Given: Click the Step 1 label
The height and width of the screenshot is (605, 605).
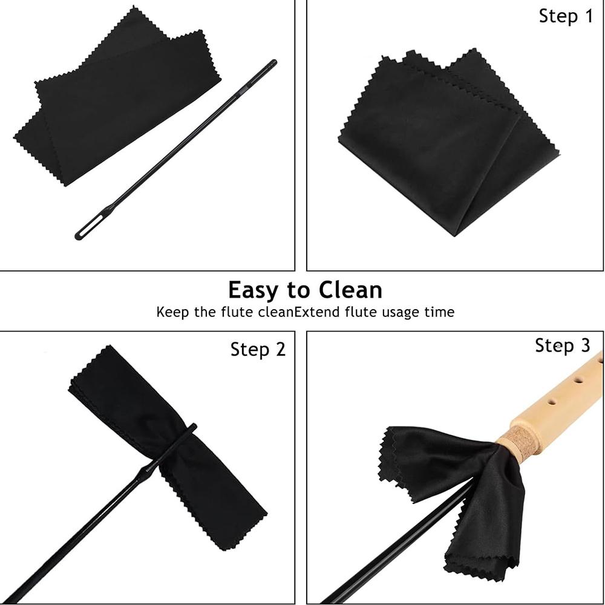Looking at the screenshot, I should (566, 16).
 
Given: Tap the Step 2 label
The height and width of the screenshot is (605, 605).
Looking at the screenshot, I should (258, 349).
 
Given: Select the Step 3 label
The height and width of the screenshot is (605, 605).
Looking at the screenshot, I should (562, 345).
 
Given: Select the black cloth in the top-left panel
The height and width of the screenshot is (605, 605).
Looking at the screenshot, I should (115, 103).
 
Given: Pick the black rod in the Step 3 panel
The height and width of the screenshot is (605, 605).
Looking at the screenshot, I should (387, 551).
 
